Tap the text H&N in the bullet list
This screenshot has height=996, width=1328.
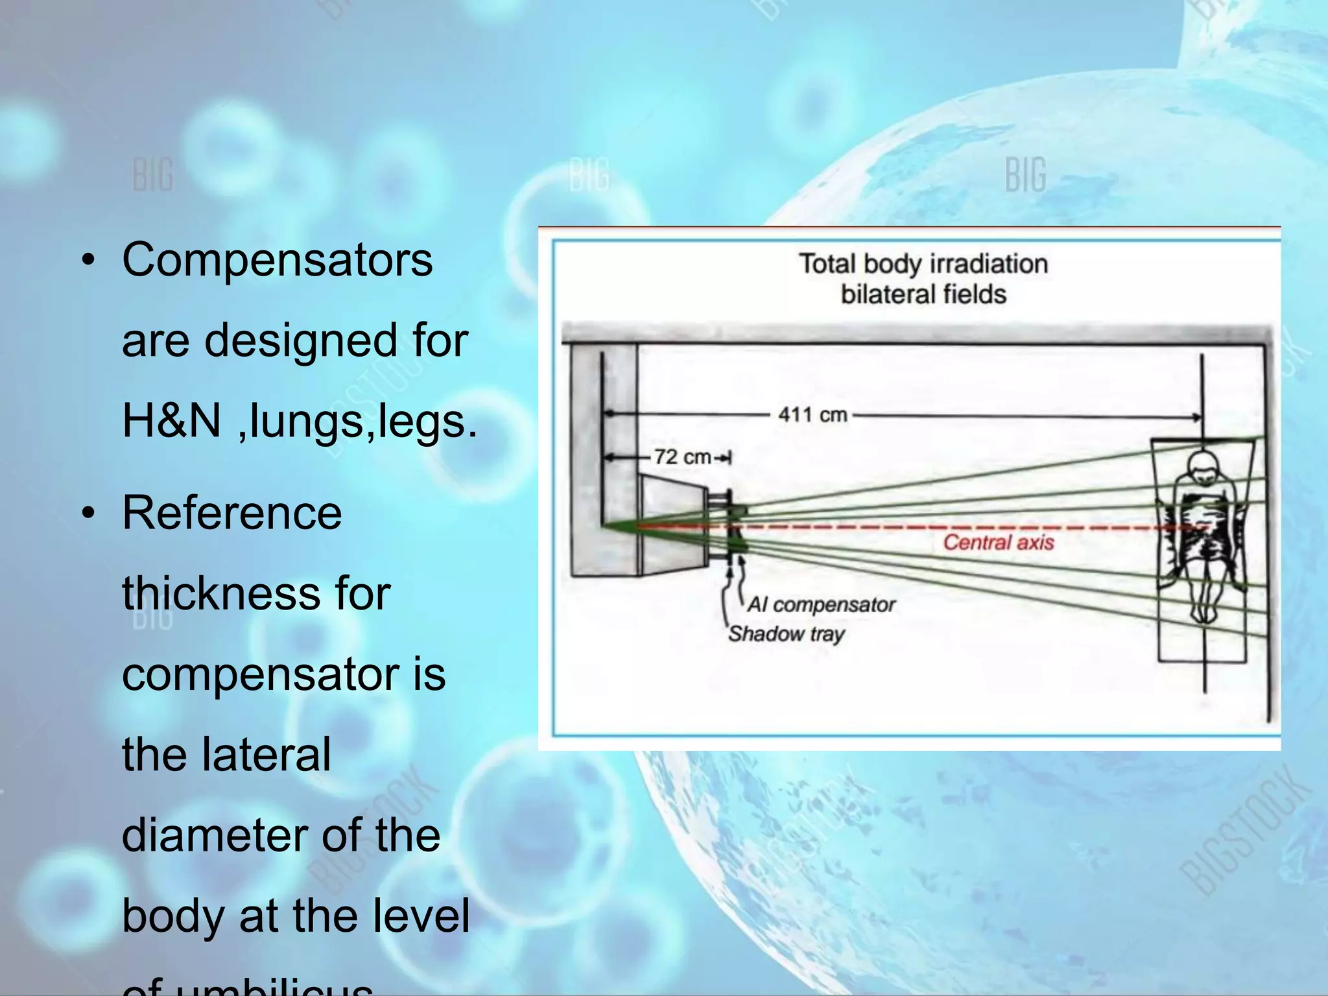[171, 421]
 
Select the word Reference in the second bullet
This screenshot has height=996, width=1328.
[231, 513]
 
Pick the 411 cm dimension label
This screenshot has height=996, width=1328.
[812, 414]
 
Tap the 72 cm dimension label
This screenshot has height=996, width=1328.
[682, 456]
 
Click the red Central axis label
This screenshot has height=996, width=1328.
[998, 542]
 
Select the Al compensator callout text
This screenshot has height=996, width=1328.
[821, 604]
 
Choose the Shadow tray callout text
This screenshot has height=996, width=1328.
[786, 634]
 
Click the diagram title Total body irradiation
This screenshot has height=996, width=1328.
[923, 264]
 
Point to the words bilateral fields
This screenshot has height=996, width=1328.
[923, 294]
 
